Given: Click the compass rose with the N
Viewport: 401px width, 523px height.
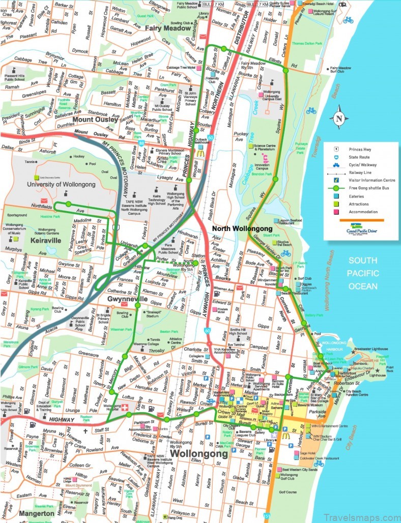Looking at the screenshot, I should pyautogui.click(x=338, y=119).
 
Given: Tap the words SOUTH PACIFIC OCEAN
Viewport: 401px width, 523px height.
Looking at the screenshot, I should pyautogui.click(x=363, y=273).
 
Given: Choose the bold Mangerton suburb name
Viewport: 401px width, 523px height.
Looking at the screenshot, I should pyautogui.click(x=36, y=514).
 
